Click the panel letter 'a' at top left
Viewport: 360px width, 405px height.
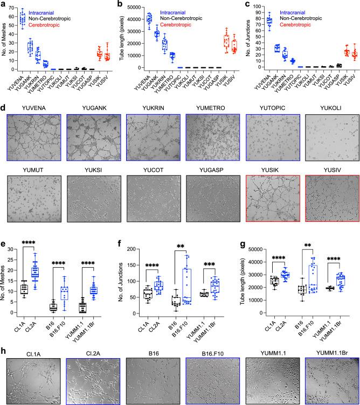pos(4,4)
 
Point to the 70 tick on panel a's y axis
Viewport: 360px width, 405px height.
pos(22,9)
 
